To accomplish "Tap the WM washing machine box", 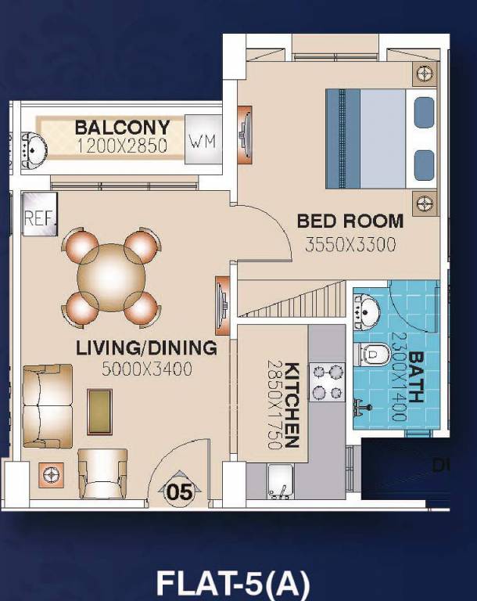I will tap(202, 142).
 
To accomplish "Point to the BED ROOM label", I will tap(350, 221).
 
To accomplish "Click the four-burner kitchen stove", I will tap(328, 382).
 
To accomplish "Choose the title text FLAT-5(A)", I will tap(233, 583).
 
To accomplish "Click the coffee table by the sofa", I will tap(99, 411).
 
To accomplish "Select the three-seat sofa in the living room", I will tap(47, 405).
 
